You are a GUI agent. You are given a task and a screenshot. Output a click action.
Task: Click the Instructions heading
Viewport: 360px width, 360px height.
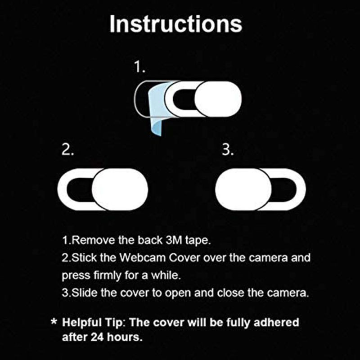click(175, 24)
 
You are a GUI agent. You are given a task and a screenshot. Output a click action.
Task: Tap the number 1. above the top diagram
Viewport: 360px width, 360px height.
click(139, 67)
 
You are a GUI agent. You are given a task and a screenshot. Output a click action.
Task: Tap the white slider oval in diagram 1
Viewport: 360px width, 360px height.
click(218, 99)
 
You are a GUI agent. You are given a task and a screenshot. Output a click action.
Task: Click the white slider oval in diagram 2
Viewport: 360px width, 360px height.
click(120, 189)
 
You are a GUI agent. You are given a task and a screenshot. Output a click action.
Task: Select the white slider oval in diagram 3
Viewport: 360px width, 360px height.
click(243, 189)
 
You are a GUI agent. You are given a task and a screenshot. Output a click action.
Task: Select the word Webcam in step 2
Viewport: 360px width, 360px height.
click(143, 257)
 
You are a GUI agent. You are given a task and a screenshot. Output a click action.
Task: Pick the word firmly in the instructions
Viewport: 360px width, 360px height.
click(108, 275)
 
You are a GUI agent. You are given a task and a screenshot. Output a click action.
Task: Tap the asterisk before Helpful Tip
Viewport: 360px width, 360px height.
click(54, 321)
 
